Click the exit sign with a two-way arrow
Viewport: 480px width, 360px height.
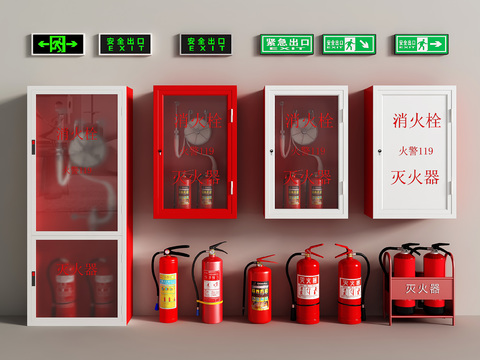click(x=58, y=44)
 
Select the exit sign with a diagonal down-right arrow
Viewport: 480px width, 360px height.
click(x=348, y=44)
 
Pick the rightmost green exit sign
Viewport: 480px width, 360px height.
click(x=421, y=44)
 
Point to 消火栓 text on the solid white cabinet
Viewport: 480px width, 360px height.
click(x=417, y=120)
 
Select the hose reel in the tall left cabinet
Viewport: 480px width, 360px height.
click(x=84, y=149)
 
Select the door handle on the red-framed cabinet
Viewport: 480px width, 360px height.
click(x=158, y=150)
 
